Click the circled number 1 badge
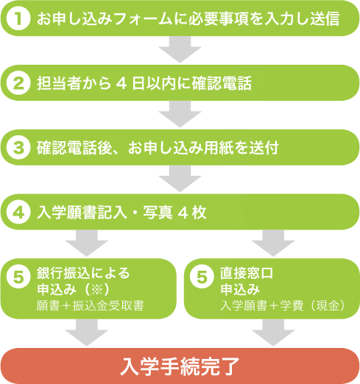[x=18, y=18]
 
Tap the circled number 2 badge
[x=18, y=83]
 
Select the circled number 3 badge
[x=18, y=147]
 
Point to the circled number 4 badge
[x=18, y=212]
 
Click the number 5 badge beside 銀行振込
[x=18, y=277]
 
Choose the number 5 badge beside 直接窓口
[x=202, y=277]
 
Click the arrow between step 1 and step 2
[x=180, y=49]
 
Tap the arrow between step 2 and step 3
[x=180, y=114]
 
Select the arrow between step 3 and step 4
[x=180, y=179]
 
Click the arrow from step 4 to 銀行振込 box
[x=87, y=243]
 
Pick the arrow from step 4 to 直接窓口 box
[x=273, y=243]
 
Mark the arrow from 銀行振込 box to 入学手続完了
[x=87, y=333]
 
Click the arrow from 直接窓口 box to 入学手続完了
[x=273, y=333]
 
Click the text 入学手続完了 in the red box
[x=180, y=366]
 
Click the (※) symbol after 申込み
[x=96, y=290]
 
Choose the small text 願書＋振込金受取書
[x=90, y=306]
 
